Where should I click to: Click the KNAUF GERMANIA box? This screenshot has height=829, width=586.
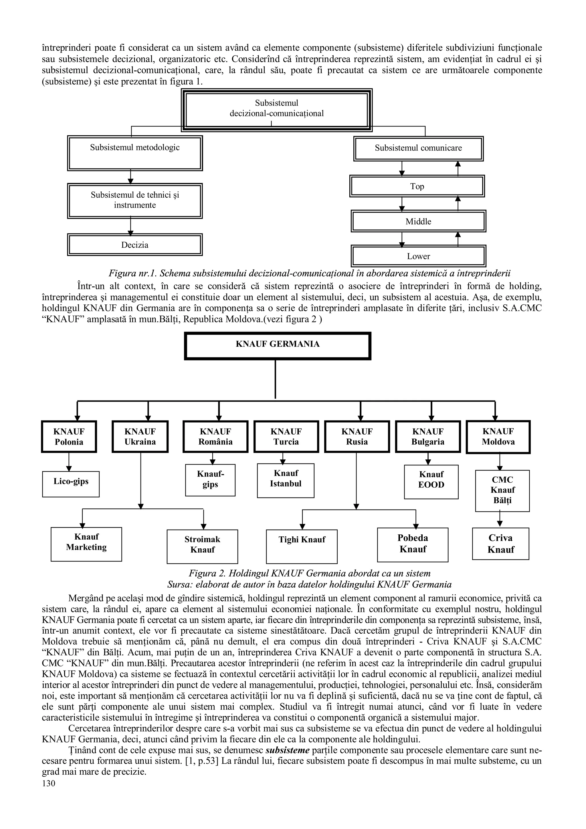point(277,346)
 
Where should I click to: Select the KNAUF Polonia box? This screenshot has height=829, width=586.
point(69,437)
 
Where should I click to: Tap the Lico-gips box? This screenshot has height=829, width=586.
point(71,484)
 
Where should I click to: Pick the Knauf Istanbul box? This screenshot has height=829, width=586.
point(286,480)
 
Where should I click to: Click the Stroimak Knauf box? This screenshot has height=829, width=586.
point(202,546)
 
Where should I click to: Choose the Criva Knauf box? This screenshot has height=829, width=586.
point(500,544)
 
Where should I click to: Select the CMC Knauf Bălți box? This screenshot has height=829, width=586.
point(502,491)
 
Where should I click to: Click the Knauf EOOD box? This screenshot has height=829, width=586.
point(431,482)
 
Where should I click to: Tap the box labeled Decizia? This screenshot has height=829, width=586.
point(135,245)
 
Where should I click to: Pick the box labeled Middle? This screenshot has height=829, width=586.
point(418,221)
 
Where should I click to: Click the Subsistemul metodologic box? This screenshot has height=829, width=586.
point(135,153)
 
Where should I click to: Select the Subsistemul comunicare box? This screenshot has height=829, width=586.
point(418,148)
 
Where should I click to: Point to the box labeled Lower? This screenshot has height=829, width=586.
point(418,256)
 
